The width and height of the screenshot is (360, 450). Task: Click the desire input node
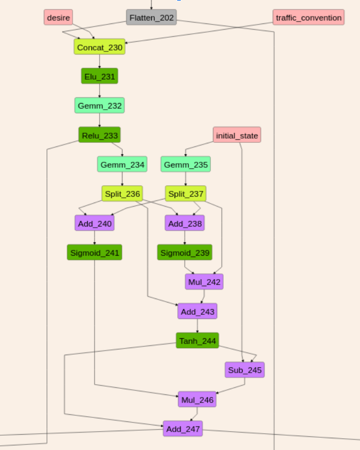pos(58,17)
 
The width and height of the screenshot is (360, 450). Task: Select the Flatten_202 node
pos(152,17)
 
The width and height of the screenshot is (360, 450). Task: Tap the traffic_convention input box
pos(308,17)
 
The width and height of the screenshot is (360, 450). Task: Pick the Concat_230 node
pos(100,47)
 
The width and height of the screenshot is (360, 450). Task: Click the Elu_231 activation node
pos(100,76)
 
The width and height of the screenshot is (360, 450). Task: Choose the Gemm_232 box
pos(100,106)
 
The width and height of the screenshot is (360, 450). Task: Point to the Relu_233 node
pos(100,135)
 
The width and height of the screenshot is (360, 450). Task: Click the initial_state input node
pos(237,135)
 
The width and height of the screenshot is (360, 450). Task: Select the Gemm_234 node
pos(122,164)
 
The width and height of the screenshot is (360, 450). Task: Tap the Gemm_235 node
pos(185,164)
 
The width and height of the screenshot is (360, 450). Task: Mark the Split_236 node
pos(122,193)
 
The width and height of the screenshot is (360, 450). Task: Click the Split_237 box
pos(185,193)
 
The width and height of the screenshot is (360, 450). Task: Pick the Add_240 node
pos(94,223)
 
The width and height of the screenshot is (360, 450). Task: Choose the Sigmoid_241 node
pos(94,252)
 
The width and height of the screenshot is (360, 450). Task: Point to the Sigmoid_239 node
pos(184,252)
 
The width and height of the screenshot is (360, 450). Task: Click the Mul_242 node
pos(204,282)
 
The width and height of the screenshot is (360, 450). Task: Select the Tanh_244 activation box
pos(197,340)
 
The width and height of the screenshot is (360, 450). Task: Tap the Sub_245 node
pos(245,370)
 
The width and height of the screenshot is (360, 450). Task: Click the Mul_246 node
pos(197,399)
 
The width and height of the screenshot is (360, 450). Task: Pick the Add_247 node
pos(183,429)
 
